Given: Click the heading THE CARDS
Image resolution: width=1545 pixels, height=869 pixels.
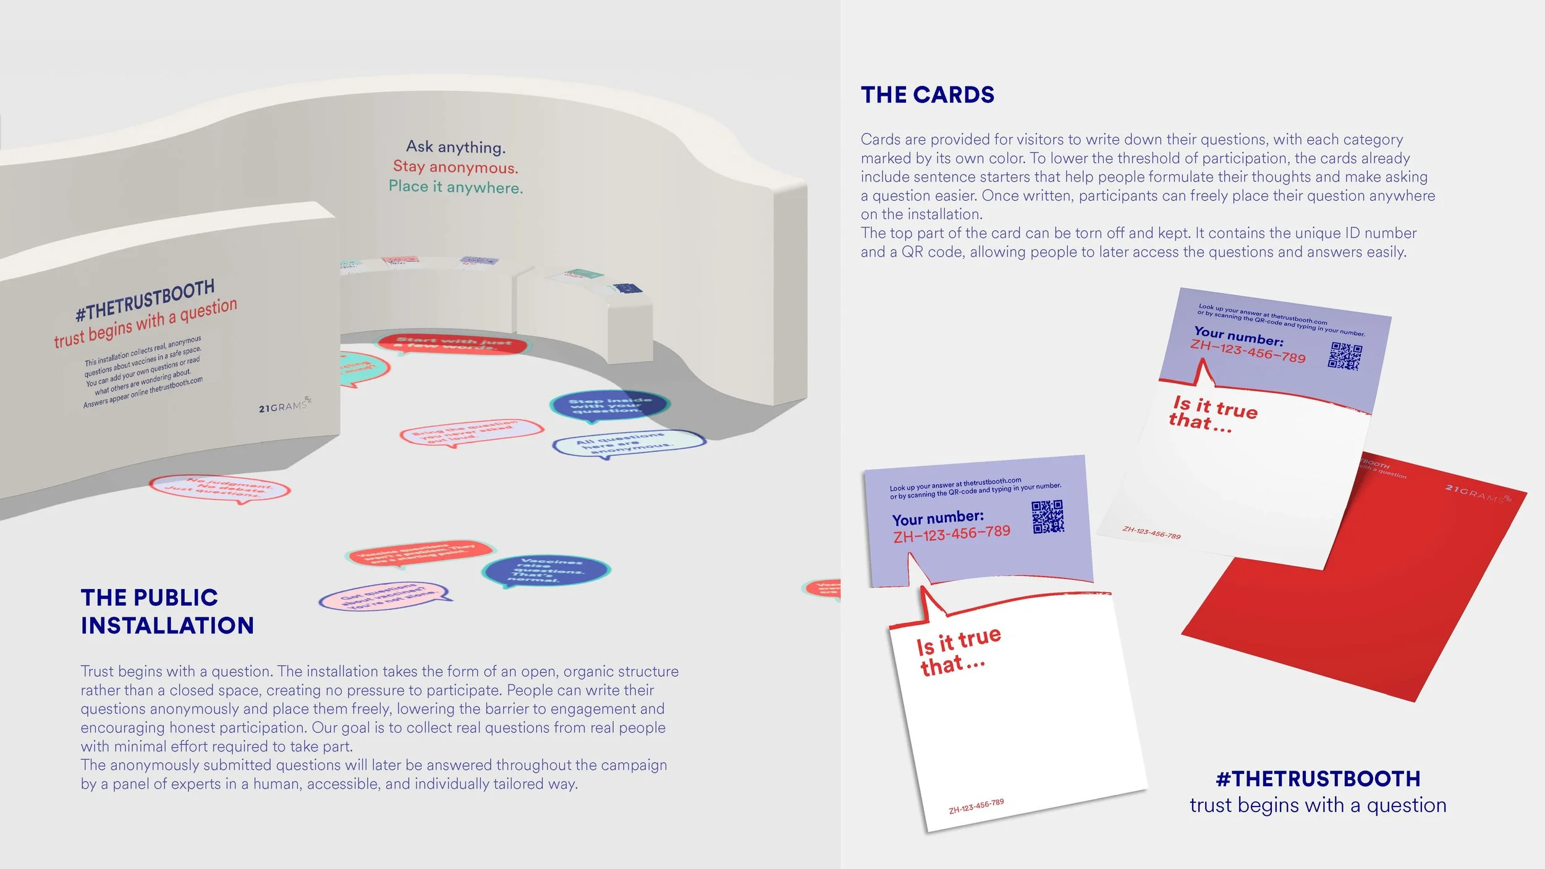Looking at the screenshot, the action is point(927,95).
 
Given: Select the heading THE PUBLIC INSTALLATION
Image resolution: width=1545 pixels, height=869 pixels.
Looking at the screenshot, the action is point(167,611).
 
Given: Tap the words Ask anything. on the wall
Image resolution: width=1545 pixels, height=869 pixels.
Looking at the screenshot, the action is point(455,147).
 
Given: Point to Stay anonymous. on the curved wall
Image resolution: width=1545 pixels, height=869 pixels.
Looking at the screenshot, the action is point(455,167).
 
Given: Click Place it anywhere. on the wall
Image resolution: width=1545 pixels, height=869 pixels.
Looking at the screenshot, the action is point(455,187).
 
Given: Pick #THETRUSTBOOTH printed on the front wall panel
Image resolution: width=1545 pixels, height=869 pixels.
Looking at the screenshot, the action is point(145,300).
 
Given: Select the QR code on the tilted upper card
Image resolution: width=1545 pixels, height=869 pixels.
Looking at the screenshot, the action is point(1345,357).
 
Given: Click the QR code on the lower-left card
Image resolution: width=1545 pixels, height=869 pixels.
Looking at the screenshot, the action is point(1048,517).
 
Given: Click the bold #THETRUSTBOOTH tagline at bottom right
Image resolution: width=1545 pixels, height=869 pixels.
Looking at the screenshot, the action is point(1318,779).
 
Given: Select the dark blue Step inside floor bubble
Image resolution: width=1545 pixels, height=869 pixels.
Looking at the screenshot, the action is point(609,405).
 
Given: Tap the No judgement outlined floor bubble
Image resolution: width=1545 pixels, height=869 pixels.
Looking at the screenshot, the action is point(219,488).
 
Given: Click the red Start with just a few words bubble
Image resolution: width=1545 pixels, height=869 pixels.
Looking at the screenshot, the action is point(453,344).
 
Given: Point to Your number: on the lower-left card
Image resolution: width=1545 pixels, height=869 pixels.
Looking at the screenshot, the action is point(938,517).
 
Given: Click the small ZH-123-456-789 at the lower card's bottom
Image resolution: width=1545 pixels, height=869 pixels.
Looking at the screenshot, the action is point(976,806).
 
